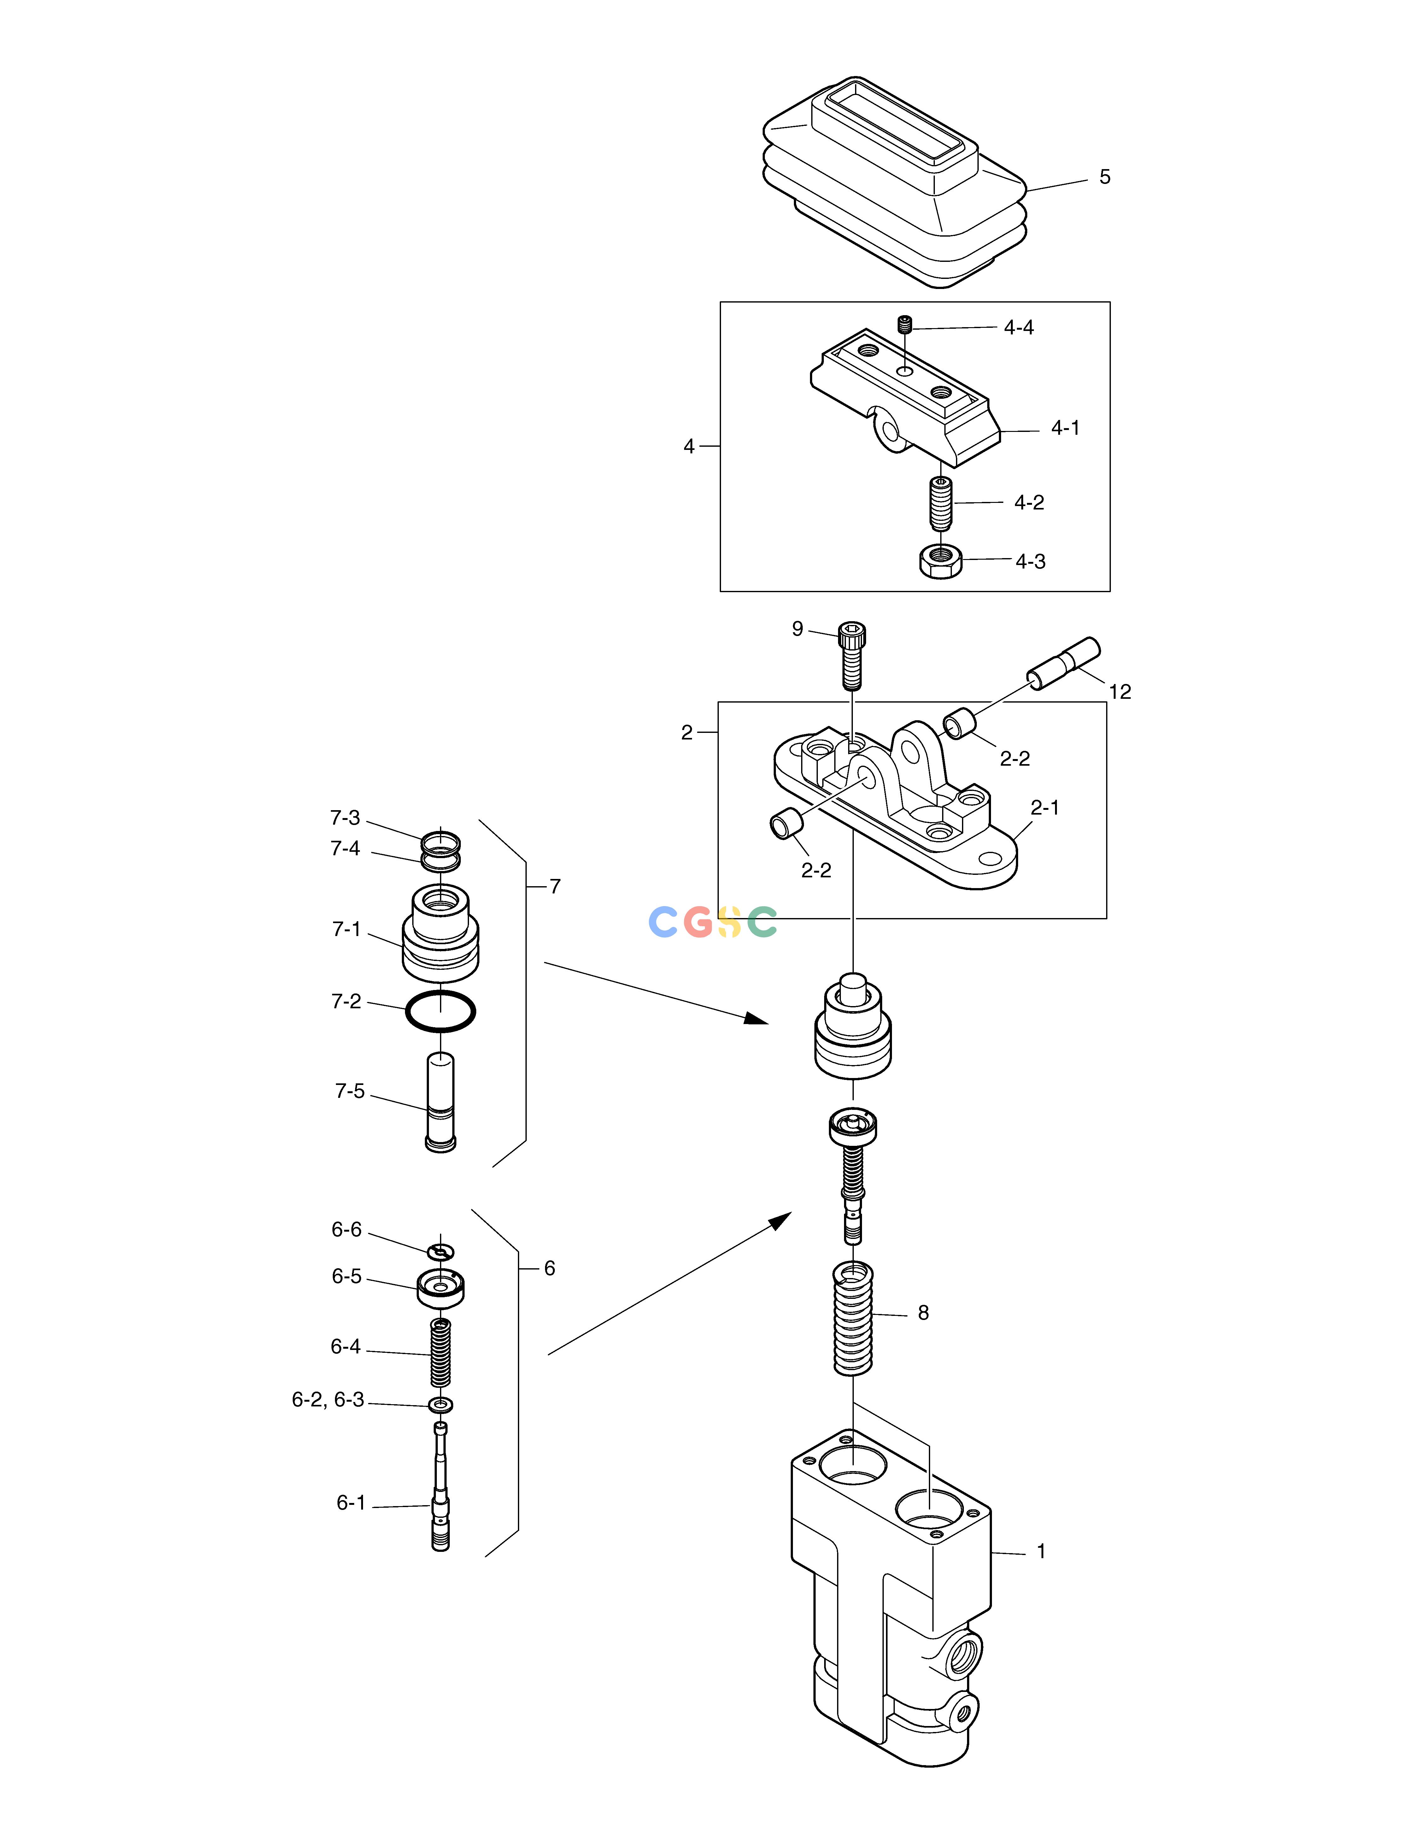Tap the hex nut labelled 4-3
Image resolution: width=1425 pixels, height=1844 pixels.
[x=941, y=561]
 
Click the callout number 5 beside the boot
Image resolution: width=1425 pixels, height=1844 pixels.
[x=1104, y=177]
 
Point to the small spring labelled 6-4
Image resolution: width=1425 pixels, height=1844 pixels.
[x=441, y=1352]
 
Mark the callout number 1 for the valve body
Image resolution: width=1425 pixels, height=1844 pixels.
[x=1041, y=1551]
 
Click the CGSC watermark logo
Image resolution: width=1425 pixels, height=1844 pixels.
[x=712, y=922]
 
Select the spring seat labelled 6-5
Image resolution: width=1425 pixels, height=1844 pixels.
[x=441, y=1287]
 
